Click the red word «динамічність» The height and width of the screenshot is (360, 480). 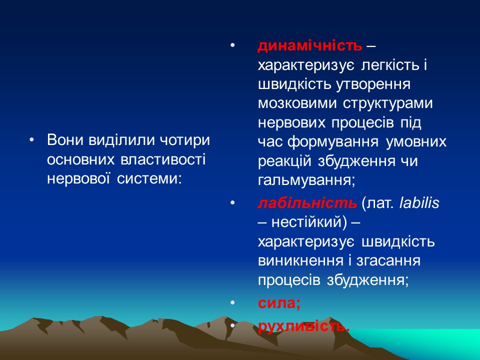(309, 46)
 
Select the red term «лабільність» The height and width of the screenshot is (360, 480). (307, 203)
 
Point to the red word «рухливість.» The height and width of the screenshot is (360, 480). (303, 326)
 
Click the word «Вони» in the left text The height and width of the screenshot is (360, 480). (65, 140)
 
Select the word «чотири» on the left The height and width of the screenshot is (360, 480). (185, 140)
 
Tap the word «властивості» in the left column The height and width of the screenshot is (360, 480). (163, 159)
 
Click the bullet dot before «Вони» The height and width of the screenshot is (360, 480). (32, 140)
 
